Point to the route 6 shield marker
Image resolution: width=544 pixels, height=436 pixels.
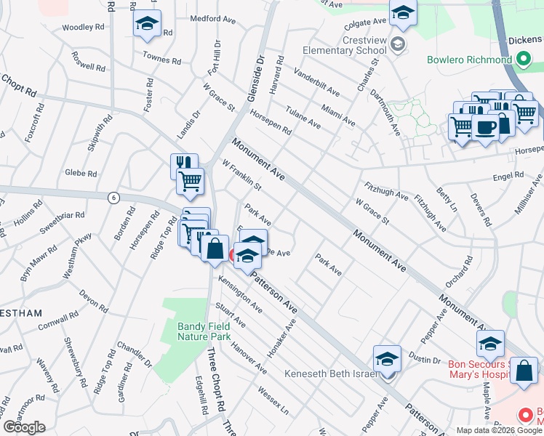coord(113,197)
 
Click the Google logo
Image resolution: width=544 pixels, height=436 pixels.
coord(24,427)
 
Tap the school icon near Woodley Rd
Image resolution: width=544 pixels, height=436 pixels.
coord(147,24)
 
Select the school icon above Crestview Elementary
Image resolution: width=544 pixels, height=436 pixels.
coord(402,12)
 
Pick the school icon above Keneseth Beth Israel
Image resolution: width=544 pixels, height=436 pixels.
coord(387,358)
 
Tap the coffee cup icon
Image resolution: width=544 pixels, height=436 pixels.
coord(486,126)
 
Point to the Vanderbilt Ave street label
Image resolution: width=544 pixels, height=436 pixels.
coord(316,82)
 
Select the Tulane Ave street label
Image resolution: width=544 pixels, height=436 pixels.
coord(303,115)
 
